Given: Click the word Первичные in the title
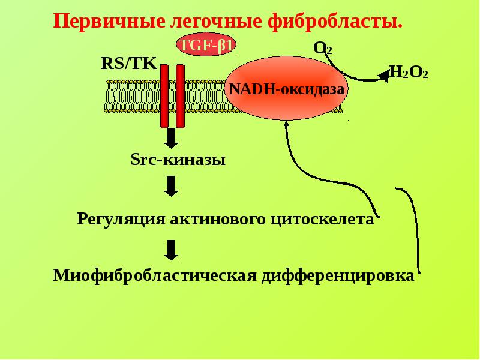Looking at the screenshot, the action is coord(109,22).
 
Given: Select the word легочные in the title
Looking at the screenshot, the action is coord(216,22).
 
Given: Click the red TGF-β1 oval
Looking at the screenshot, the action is coord(206,44).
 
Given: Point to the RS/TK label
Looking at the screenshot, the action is coord(129,64).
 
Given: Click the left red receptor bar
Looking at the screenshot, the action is coord(164,96).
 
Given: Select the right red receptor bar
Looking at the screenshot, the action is coord(181,96).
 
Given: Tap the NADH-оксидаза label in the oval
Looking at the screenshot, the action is coord(287,89).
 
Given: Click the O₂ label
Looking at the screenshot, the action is coord(322,49).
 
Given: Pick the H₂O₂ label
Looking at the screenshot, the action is coord(409,72).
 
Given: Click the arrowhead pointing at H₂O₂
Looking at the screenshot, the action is coord(385,76).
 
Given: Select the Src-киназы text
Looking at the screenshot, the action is coord(178,160).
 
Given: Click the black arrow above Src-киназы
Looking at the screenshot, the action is coord(171,138).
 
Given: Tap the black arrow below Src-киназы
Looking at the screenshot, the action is coord(171,186).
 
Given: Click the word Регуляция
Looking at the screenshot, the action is coord(121,219).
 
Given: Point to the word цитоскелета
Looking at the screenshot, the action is coord(322,219).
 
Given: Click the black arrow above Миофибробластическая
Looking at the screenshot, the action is coord(171,250).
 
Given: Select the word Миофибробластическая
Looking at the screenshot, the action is coord(155,275).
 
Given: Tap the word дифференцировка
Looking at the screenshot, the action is coord(338,275).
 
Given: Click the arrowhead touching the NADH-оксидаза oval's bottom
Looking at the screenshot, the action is coord(287,124).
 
